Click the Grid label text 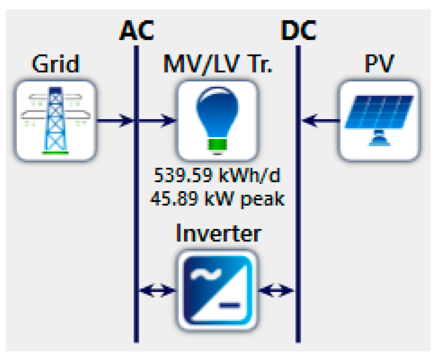coord(55,64)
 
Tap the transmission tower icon coord(55,120)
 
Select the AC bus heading coord(136,30)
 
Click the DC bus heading coord(298,30)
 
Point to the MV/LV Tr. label coord(218,64)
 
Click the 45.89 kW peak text coord(217,198)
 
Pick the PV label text coord(379,64)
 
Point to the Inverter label coord(218,234)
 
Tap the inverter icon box coord(217,290)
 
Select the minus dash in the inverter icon coord(230,305)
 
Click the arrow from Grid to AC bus coord(115,120)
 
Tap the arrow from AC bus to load coord(157,120)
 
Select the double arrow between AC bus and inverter coord(157,290)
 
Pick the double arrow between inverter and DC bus coord(277,290)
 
